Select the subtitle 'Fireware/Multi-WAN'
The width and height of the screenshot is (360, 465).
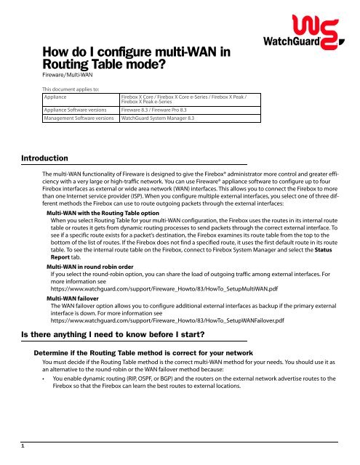(71, 74)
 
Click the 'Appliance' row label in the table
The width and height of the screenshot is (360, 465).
(57, 96)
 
